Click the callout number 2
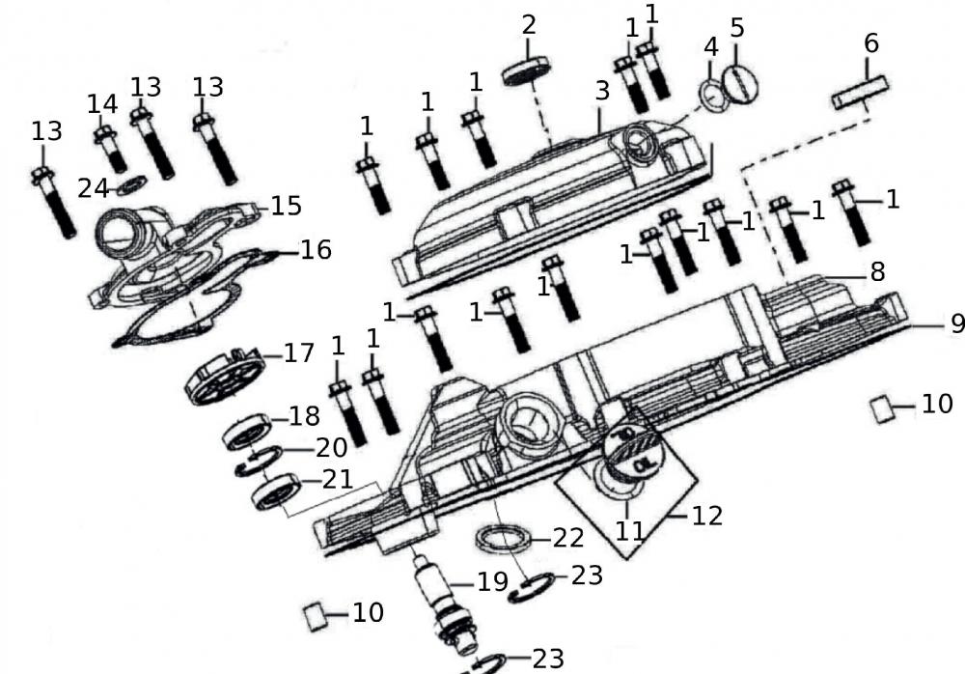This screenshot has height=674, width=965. tap(528, 25)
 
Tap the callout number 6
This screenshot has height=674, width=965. tap(870, 42)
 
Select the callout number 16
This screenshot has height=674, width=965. tap(316, 250)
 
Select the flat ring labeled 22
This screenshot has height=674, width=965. tap(503, 538)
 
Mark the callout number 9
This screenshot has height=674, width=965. tap(955, 323)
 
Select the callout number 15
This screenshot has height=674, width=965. tap(286, 206)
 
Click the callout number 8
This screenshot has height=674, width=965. tap(876, 271)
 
